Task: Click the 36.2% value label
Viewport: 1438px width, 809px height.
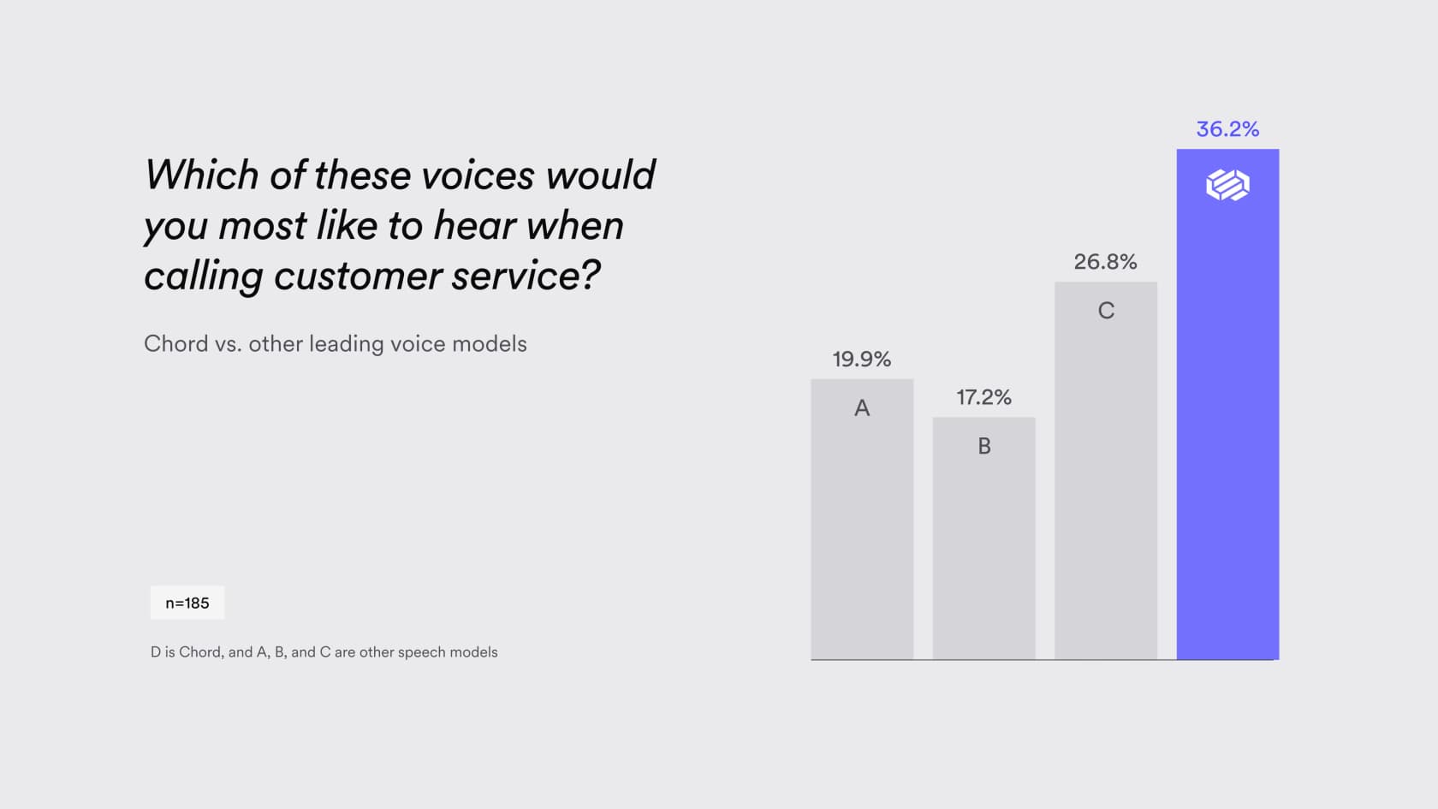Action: point(1227,129)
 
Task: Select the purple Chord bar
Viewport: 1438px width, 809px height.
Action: point(1227,404)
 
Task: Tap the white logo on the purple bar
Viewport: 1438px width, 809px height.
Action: point(1227,185)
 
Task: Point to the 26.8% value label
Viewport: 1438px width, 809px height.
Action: point(1106,262)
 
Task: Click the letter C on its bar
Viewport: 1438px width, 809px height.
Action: point(1106,311)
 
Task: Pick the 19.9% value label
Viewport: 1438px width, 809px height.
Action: point(861,359)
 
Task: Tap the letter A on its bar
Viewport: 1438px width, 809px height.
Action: point(862,407)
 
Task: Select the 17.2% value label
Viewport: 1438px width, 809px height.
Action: point(983,397)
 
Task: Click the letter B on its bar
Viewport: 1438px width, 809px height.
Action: point(984,445)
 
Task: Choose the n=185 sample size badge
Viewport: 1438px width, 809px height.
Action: point(187,603)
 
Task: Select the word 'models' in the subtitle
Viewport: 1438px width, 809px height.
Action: point(490,344)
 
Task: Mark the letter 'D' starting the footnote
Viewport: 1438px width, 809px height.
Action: point(156,652)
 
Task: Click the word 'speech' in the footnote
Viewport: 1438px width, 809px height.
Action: point(419,652)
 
